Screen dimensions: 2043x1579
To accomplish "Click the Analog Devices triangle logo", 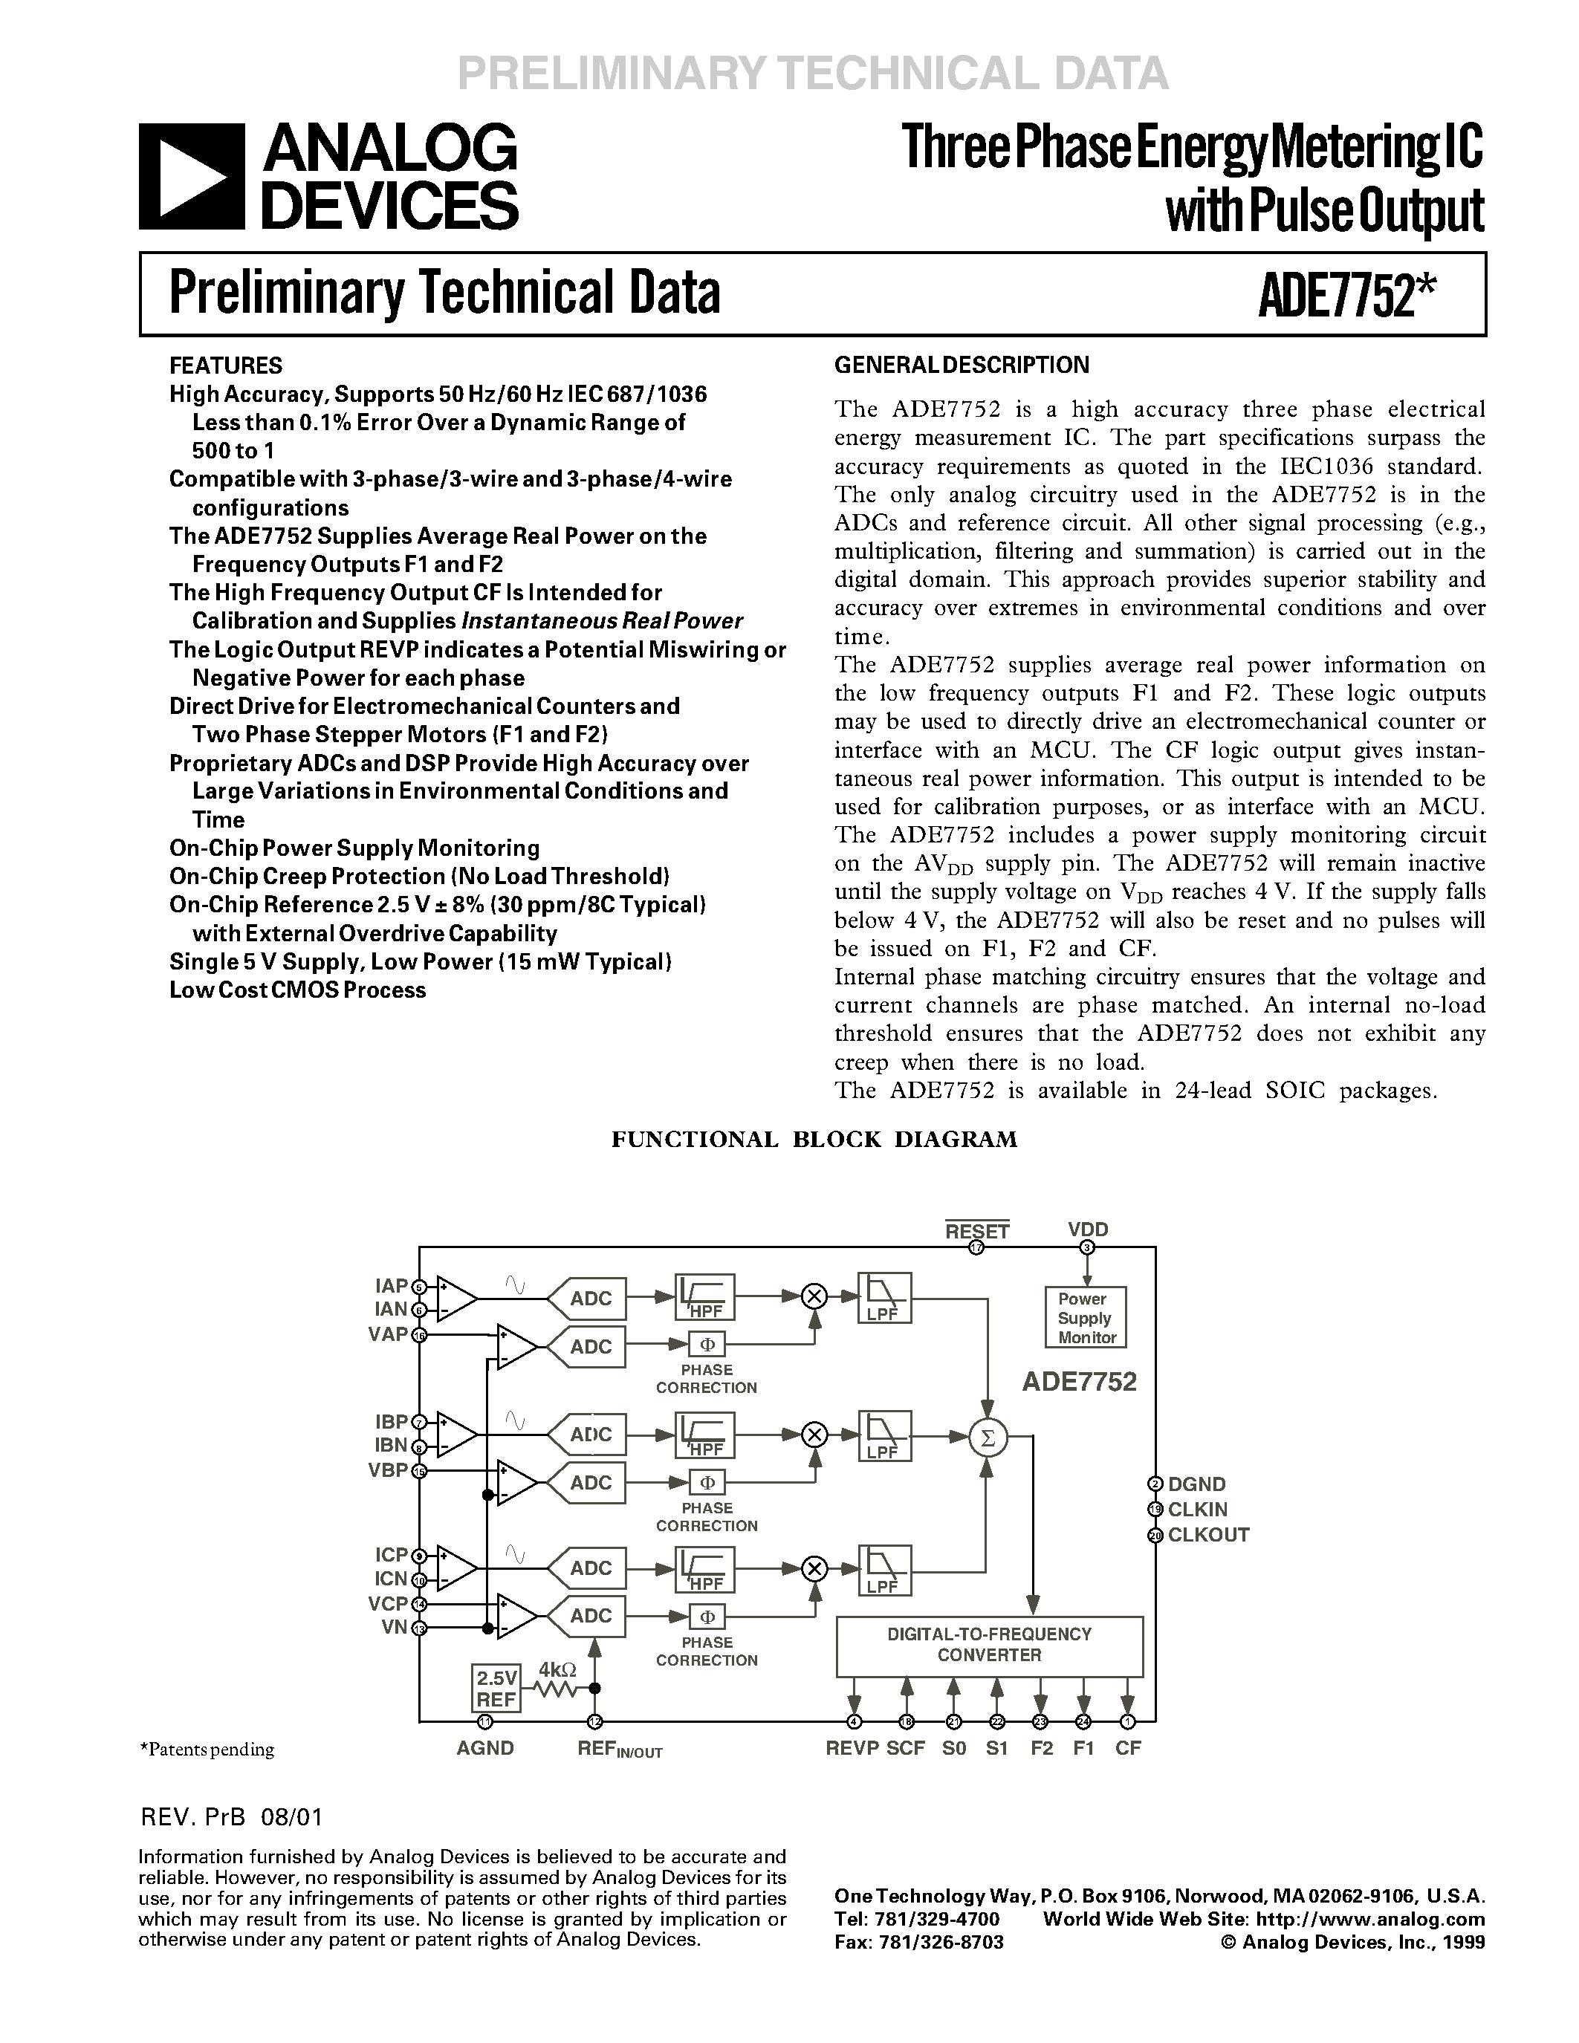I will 191,176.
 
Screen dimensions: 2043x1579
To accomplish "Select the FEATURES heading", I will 225,366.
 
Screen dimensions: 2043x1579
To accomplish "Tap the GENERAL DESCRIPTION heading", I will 961,365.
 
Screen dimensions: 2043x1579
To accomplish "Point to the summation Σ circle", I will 986,1438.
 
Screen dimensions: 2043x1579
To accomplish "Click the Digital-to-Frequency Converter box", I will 989,1645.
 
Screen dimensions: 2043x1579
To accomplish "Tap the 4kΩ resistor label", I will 557,1669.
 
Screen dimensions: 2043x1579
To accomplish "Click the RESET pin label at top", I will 976,1231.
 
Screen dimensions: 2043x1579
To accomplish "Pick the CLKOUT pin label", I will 1207,1534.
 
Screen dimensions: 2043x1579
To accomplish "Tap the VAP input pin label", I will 388,1334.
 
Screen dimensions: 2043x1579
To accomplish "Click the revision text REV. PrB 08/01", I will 231,1816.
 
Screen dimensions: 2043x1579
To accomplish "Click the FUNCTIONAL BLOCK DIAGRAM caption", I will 814,1140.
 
